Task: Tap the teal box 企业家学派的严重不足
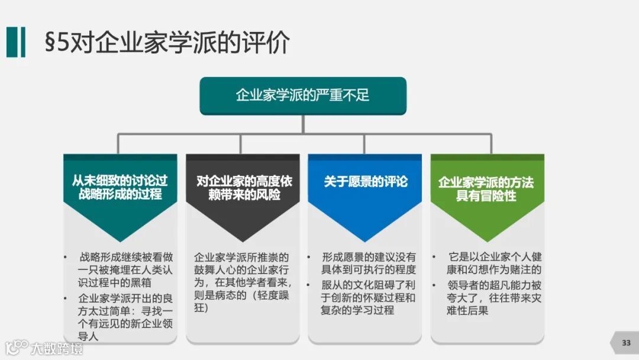(303, 95)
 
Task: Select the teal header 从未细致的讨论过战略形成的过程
(120, 187)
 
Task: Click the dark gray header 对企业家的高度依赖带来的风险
(243, 187)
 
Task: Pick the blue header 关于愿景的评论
(365, 181)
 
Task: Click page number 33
(626, 343)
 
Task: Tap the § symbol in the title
(51, 44)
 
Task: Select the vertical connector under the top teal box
(303, 124)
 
